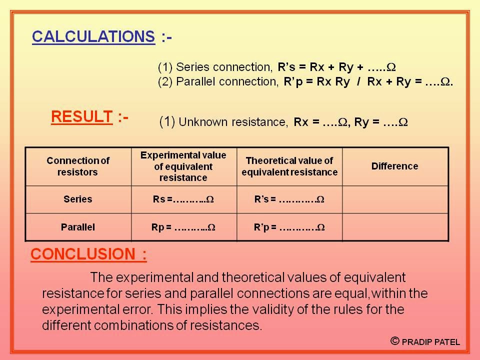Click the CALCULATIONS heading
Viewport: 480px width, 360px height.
click(x=93, y=36)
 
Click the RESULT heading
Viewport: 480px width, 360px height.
click(x=81, y=117)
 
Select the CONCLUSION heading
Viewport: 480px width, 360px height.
click(x=88, y=254)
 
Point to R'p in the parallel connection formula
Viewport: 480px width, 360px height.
click(x=288, y=82)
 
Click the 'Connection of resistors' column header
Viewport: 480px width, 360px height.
click(x=78, y=166)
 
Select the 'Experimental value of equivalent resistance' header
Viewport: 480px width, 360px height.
click(x=183, y=166)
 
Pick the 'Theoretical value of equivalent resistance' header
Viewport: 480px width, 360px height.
click(x=289, y=166)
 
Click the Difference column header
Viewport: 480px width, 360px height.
click(x=394, y=166)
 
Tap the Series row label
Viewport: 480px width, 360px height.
click(x=78, y=199)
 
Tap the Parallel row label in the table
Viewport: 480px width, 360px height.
click(x=78, y=227)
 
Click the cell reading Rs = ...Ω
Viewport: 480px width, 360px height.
click(x=183, y=199)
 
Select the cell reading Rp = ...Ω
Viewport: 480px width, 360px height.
click(x=183, y=227)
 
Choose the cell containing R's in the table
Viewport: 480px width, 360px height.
click(x=289, y=199)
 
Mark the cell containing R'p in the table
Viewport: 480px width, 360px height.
click(x=289, y=227)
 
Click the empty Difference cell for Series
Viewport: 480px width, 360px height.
click(x=394, y=199)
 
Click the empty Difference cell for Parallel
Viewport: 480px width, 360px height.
click(x=394, y=227)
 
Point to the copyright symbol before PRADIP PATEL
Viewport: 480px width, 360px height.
click(x=395, y=341)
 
